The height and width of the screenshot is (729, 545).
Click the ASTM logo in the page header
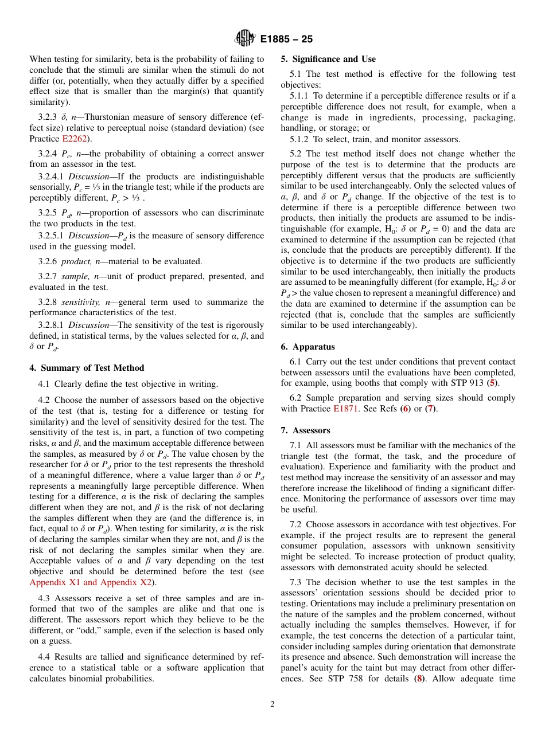(x=245, y=39)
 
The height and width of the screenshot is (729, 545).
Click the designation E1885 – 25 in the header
(x=286, y=40)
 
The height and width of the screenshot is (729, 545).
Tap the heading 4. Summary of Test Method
(x=87, y=368)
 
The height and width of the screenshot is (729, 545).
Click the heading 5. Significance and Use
(x=328, y=59)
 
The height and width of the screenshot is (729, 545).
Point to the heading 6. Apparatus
(x=307, y=347)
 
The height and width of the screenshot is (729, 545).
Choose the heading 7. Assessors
(x=305, y=430)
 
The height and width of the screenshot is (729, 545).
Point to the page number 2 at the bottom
(x=272, y=704)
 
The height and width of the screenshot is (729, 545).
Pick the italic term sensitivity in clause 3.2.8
(x=76, y=302)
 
